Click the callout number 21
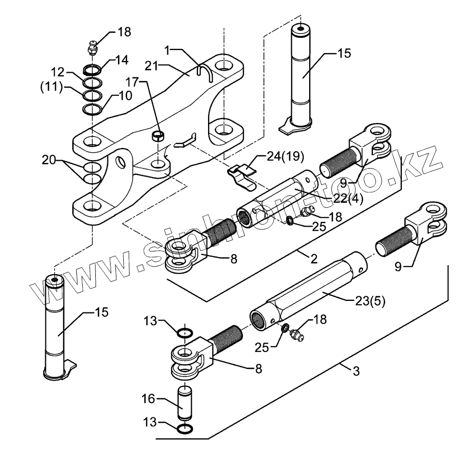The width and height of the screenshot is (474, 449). (x=152, y=66)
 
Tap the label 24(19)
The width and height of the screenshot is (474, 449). (x=285, y=157)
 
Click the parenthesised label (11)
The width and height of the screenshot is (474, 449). (x=52, y=87)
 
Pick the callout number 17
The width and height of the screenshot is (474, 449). (x=132, y=82)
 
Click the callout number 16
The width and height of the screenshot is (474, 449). (x=149, y=399)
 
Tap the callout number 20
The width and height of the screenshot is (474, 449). (x=48, y=160)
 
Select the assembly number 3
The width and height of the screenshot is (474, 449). (x=357, y=371)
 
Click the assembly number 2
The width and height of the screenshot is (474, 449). (x=314, y=259)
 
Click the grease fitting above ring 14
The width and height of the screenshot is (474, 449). (x=93, y=47)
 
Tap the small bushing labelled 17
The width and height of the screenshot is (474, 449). (x=158, y=136)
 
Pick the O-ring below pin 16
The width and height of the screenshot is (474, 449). (x=184, y=428)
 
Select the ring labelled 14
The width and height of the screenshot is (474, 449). (x=92, y=70)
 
